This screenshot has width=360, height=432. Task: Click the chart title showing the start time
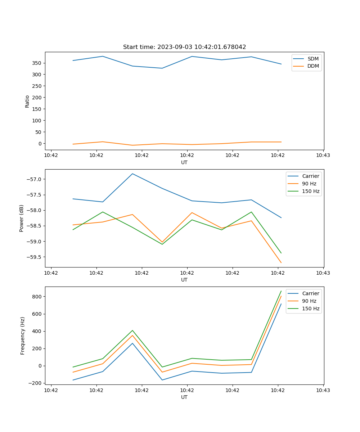click(184, 47)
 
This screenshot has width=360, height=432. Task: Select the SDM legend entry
click(313, 59)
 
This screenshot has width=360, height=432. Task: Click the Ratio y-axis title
click(27, 101)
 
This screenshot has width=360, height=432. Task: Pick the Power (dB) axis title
click(22, 218)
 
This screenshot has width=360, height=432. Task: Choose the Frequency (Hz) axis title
click(23, 336)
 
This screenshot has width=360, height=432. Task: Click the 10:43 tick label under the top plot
click(323, 156)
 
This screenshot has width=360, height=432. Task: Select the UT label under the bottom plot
click(184, 397)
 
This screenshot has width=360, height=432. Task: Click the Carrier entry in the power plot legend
click(310, 176)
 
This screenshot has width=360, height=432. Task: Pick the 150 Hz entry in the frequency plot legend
click(311, 309)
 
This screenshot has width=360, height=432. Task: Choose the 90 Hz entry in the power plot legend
click(309, 184)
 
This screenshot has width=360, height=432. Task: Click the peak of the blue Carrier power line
click(132, 174)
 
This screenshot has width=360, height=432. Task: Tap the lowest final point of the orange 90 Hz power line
click(281, 263)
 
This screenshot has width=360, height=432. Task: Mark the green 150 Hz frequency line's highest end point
click(281, 291)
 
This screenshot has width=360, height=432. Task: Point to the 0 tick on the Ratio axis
click(40, 143)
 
